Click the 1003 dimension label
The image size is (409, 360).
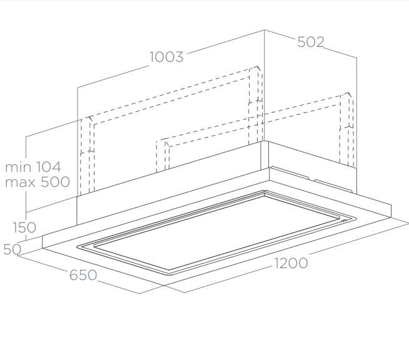[x=166, y=57]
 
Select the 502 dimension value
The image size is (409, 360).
[x=310, y=42]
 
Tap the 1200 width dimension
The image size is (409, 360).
[x=291, y=263]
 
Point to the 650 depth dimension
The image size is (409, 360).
[x=83, y=274]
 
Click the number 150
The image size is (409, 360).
[x=24, y=227]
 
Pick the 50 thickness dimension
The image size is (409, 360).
[x=12, y=249]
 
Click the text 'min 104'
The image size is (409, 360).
[x=33, y=167]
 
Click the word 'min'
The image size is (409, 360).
[x=18, y=167]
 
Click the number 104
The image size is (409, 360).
[x=48, y=167]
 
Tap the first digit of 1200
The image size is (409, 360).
[x=277, y=263]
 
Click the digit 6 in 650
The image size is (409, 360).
[x=74, y=274]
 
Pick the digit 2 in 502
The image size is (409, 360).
[x=320, y=42]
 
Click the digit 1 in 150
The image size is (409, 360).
[x=15, y=227]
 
